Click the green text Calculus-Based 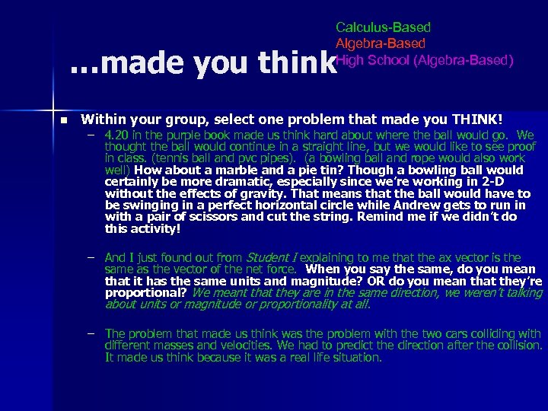383,27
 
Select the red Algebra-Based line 381,44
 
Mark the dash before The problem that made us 91,333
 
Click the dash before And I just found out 91,257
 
